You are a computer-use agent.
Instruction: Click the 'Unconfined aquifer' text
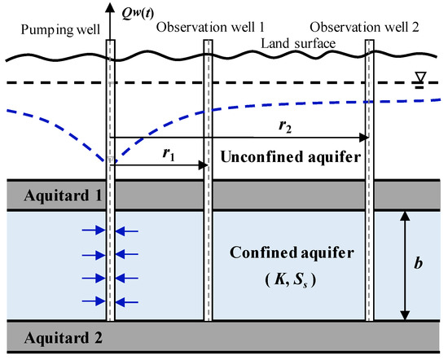(x=288, y=157)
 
